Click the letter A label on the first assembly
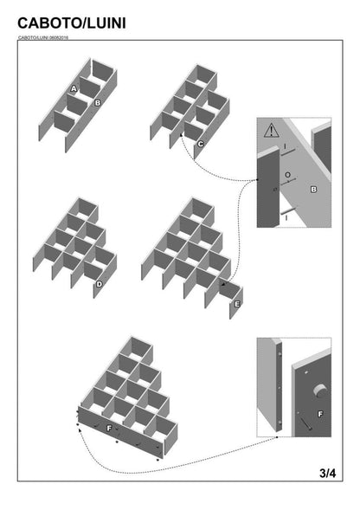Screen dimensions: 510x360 (74, 89)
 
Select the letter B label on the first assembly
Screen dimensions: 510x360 (98, 103)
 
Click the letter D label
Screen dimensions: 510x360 (99, 283)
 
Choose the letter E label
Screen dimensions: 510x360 (237, 304)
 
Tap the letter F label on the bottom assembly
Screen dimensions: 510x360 (107, 428)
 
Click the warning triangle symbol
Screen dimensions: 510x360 (271, 132)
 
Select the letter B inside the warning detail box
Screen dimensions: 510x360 (313, 188)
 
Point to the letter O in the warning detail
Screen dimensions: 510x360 (286, 174)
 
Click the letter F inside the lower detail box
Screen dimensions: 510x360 (319, 415)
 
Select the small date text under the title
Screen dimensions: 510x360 (43, 37)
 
